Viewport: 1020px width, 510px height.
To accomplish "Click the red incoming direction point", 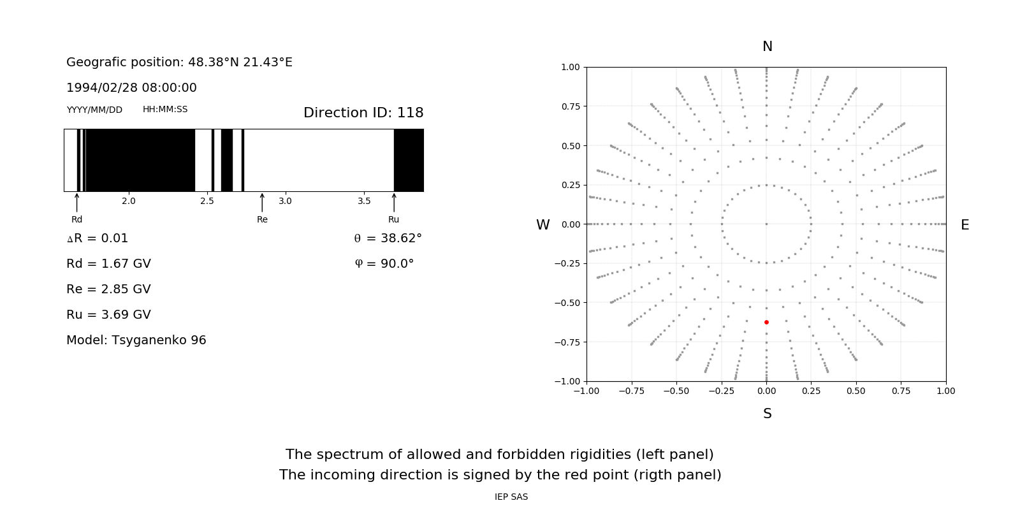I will [766, 323].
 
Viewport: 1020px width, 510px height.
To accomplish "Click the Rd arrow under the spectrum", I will [77, 203].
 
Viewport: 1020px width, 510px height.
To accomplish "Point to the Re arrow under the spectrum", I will [262, 203].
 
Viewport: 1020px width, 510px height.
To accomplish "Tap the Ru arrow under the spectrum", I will [394, 203].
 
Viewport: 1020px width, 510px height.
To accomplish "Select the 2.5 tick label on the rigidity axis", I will [207, 201].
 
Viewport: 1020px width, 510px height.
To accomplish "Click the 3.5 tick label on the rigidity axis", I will [364, 201].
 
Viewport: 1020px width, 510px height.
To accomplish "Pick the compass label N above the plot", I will [768, 47].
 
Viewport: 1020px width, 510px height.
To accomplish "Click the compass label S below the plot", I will [768, 414].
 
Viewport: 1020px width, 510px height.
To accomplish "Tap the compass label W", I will [543, 225].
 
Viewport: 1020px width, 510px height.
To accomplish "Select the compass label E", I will [965, 225].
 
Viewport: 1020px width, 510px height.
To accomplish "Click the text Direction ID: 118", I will [363, 113].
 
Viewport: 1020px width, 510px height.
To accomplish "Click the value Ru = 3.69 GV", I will [108, 315].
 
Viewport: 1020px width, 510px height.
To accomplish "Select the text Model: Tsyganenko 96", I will [136, 340].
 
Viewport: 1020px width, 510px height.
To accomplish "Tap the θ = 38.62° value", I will [388, 238].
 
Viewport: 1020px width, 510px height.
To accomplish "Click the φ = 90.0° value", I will [384, 264].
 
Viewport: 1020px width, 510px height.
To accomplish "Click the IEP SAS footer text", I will [511, 497].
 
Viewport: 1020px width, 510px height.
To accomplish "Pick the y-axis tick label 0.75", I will [570, 106].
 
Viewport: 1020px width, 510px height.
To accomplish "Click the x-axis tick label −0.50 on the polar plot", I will [676, 391].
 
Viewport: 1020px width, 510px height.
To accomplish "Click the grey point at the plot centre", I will [766, 224].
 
